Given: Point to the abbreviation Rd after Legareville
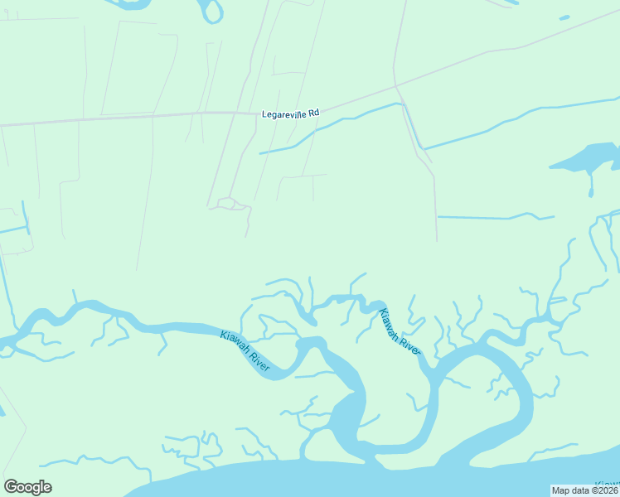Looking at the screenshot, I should click(x=314, y=112).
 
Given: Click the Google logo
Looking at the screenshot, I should click(x=27, y=487).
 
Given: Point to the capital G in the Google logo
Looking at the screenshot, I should click(x=11, y=487).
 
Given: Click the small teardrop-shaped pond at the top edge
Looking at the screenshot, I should click(x=213, y=11).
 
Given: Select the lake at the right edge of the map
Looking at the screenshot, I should click(x=591, y=157).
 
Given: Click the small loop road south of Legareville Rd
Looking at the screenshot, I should click(x=230, y=203).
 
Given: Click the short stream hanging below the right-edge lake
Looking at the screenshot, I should click(x=592, y=184).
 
